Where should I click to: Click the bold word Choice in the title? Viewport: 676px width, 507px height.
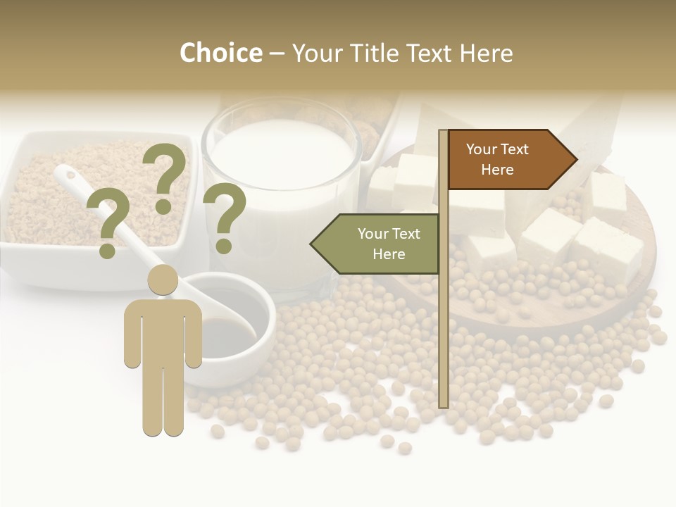(220, 53)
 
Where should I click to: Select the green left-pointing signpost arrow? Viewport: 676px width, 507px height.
(377, 244)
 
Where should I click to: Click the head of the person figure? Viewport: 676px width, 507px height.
(163, 280)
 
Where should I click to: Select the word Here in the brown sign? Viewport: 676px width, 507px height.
(497, 170)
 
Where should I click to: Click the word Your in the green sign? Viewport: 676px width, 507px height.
(372, 234)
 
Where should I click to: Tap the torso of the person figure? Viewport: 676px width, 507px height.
(163, 331)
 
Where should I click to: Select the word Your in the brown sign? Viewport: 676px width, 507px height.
(481, 149)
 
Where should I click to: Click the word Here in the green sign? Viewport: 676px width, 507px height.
(389, 254)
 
